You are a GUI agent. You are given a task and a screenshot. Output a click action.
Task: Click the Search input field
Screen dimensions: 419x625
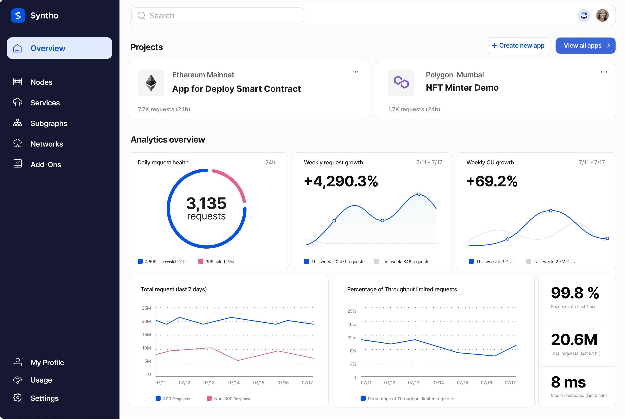218,15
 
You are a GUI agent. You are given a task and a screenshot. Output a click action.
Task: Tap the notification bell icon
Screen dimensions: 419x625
584,15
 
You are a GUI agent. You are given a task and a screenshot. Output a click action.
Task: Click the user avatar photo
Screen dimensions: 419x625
602,15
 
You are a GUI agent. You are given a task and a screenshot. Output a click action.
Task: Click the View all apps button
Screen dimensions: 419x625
585,46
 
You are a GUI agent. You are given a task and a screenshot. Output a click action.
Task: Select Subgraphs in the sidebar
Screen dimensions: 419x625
49,124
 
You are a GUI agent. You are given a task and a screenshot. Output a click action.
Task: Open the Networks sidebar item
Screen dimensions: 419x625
47,144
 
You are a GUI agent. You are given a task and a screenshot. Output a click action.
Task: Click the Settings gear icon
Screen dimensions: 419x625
18,398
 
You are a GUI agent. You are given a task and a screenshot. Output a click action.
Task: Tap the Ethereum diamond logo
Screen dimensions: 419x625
151,83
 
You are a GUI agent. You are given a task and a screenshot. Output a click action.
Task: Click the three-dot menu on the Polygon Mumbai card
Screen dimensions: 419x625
604,72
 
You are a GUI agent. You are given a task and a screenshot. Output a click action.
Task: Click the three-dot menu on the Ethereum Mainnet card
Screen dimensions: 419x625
355,72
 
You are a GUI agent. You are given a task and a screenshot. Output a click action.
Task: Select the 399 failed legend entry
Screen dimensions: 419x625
216,262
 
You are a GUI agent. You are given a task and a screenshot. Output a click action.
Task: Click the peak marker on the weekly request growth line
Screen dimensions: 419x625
419,195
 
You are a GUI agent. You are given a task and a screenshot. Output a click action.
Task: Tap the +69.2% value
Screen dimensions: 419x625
492,181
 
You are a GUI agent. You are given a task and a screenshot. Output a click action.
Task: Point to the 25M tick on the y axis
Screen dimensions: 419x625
146,308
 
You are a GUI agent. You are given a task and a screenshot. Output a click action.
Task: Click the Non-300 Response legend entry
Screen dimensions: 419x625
229,399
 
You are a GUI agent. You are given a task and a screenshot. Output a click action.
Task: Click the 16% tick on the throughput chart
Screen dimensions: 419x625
352,324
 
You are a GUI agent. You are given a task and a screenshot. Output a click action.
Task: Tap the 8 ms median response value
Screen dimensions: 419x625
568,382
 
